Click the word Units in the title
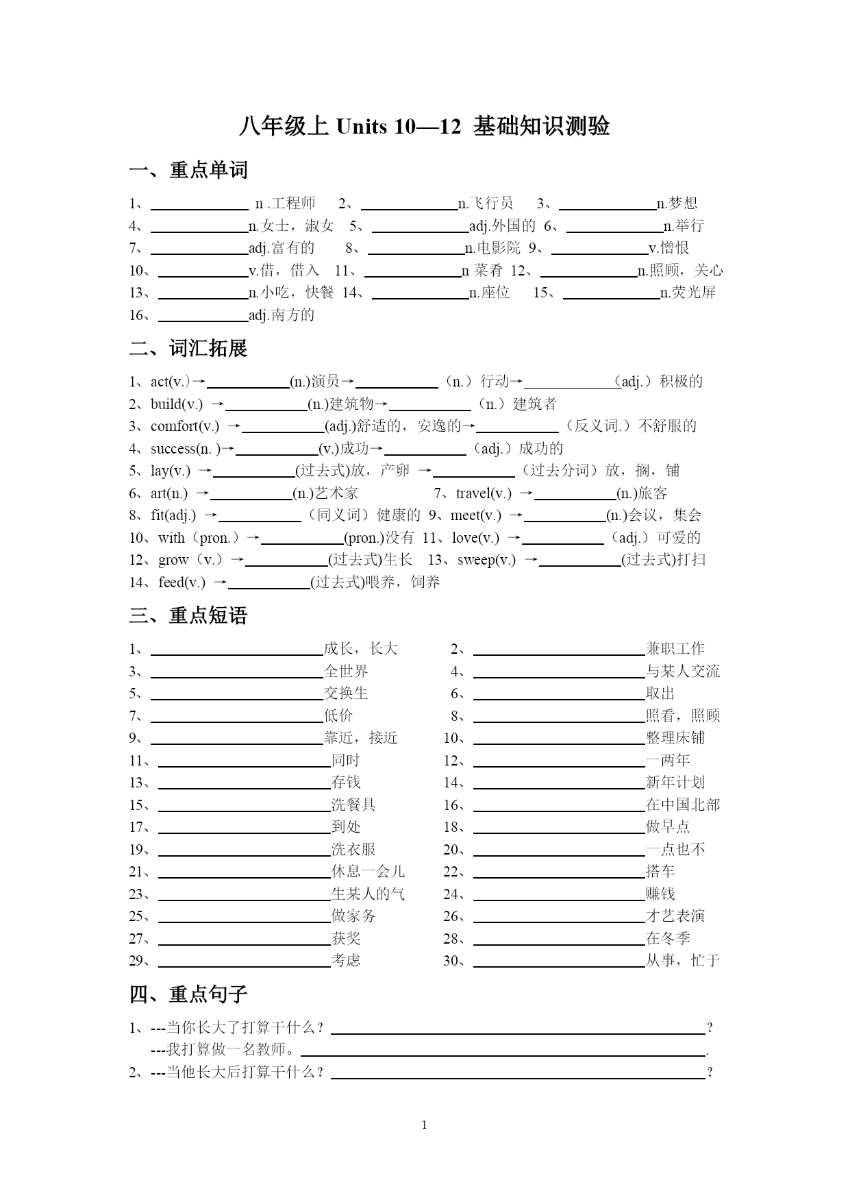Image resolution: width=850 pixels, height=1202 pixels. pyautogui.click(x=362, y=127)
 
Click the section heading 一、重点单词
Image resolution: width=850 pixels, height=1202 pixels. pyautogui.click(x=188, y=170)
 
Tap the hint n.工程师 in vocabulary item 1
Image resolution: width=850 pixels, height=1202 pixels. pyautogui.click(x=285, y=204)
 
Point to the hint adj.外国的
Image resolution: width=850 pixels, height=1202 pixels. pyautogui.click(x=502, y=226)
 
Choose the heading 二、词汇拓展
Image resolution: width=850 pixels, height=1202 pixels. pyautogui.click(x=188, y=349)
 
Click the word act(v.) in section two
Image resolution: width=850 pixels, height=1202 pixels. pyautogui.click(x=170, y=382)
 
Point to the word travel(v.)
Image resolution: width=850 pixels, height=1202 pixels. pyautogui.click(x=484, y=493)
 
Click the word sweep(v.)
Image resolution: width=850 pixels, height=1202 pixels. pyautogui.click(x=486, y=560)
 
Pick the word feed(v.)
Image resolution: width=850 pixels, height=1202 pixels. pyautogui.click(x=182, y=582)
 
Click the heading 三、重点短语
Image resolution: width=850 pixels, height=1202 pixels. pyautogui.click(x=188, y=615)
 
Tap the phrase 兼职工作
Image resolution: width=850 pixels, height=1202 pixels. pyautogui.click(x=675, y=649)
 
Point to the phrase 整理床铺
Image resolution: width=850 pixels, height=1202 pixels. pyautogui.click(x=675, y=738)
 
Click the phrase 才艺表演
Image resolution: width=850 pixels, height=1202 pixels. pyautogui.click(x=675, y=916)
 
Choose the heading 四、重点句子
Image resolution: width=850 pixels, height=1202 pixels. pyautogui.click(x=188, y=994)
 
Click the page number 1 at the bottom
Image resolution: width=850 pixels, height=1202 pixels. pyautogui.click(x=425, y=1125)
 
